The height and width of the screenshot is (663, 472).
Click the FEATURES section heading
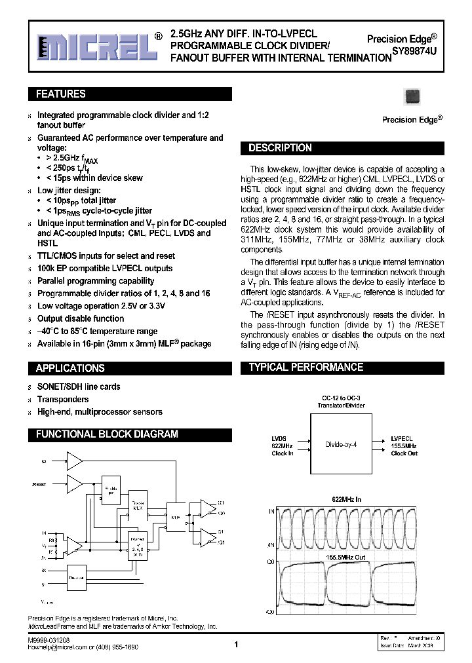point(60,94)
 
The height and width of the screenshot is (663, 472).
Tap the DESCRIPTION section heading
point(280,148)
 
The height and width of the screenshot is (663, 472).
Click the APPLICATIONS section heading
point(70,368)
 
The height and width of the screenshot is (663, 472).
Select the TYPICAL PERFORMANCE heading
point(305,368)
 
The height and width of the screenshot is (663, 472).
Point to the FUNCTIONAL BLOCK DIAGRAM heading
point(107,434)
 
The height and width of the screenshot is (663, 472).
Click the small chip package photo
point(412,96)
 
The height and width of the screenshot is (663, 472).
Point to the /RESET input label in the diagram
point(39,485)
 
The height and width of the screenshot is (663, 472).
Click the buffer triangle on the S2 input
point(75,462)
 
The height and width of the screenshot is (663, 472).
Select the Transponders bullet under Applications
point(63,399)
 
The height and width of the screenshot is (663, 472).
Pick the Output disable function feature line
point(81,318)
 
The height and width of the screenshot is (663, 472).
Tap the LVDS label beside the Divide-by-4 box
point(279,438)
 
